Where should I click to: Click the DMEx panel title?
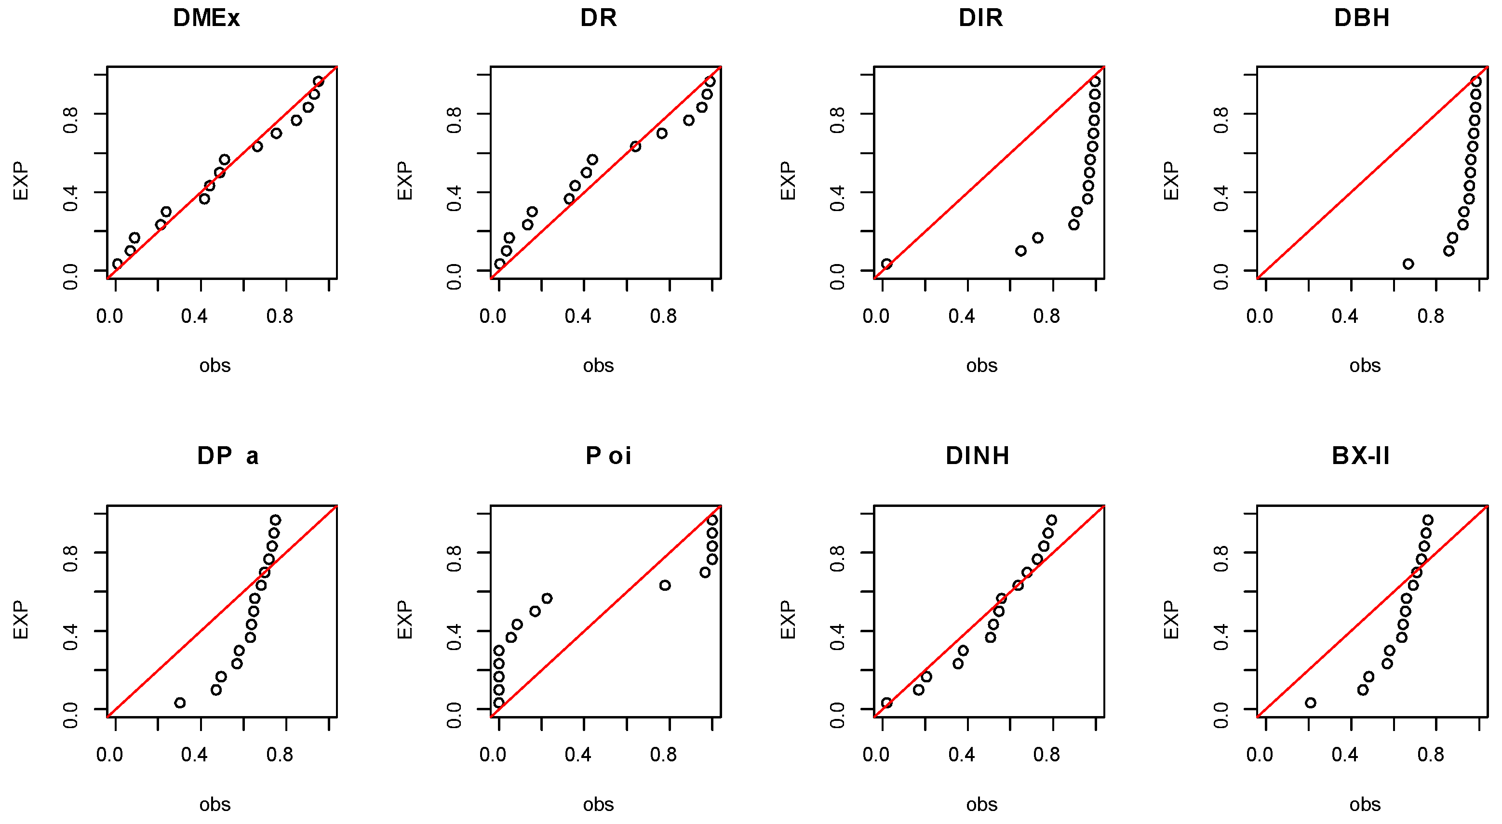[206, 18]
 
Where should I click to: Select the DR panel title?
[598, 18]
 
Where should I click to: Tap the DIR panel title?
[981, 18]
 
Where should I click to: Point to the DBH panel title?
[1362, 18]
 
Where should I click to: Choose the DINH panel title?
[978, 456]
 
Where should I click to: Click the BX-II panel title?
[1361, 456]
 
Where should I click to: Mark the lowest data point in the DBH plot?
[1408, 264]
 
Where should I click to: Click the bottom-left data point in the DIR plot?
[887, 264]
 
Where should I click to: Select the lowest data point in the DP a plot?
[180, 703]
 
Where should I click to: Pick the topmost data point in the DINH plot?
[1051, 520]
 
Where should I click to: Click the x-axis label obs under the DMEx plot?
[215, 366]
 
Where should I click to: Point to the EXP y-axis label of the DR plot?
[404, 181]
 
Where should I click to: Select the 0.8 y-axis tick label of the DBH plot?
[1220, 120]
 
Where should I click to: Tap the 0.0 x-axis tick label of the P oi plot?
[493, 755]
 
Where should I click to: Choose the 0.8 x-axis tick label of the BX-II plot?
[1431, 755]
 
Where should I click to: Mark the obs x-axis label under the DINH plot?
[981, 805]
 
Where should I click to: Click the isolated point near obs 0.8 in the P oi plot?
[665, 585]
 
